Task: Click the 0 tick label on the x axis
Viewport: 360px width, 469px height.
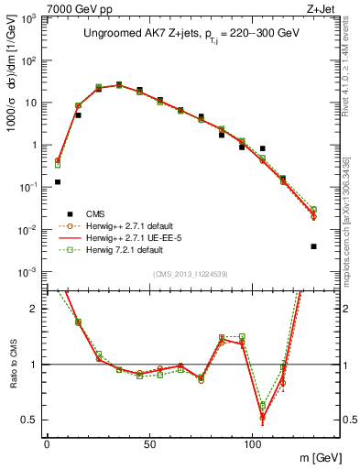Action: (47, 444)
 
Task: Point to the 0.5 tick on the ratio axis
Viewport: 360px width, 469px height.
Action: (32, 420)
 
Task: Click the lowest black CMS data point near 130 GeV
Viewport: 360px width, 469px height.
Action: (313, 246)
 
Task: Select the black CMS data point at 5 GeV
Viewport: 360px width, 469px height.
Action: (58, 182)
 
